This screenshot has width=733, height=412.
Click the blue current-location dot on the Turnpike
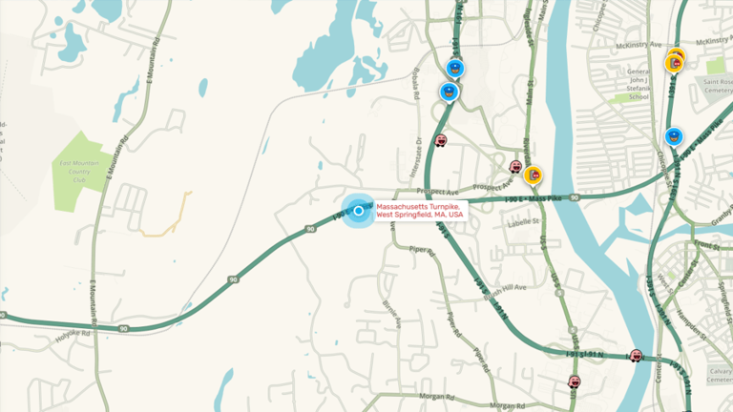pyautogui.click(x=359, y=211)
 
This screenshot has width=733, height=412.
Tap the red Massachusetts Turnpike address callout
pyautogui.click(x=419, y=211)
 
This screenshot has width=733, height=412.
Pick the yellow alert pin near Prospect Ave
pyautogui.click(x=534, y=175)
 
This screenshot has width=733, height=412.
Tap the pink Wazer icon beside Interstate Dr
pyautogui.click(x=441, y=140)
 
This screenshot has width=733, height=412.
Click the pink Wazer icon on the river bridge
pyautogui.click(x=636, y=355)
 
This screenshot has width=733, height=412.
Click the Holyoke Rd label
pyautogui.click(x=72, y=335)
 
